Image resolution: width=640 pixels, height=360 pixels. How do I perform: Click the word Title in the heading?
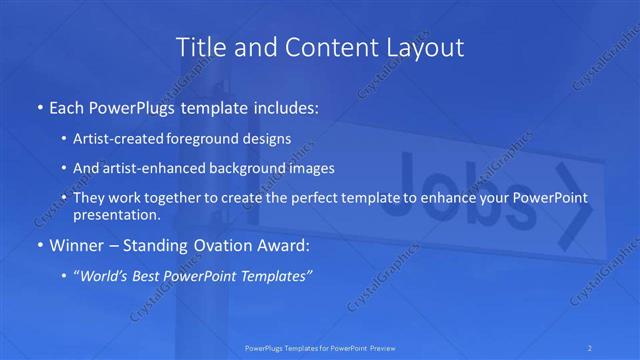[x=198, y=46]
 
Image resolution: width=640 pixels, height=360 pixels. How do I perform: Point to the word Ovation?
[x=213, y=245]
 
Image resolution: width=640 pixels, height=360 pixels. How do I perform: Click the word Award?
[x=281, y=245]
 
